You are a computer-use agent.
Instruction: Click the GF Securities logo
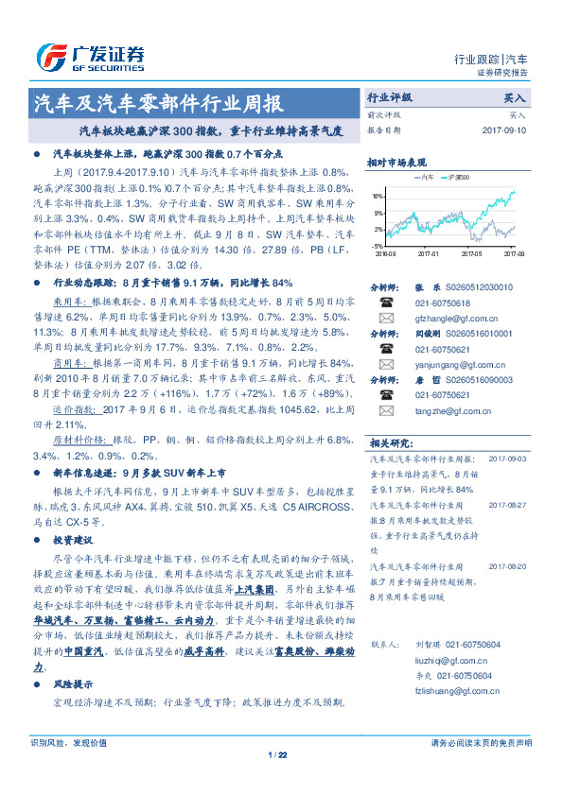click(x=91, y=54)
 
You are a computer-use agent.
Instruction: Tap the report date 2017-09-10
click(x=504, y=130)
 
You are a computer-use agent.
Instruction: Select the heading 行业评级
click(x=391, y=97)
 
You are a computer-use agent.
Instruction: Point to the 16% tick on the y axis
click(x=378, y=196)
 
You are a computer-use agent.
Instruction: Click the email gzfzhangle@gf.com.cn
click(x=445, y=319)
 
